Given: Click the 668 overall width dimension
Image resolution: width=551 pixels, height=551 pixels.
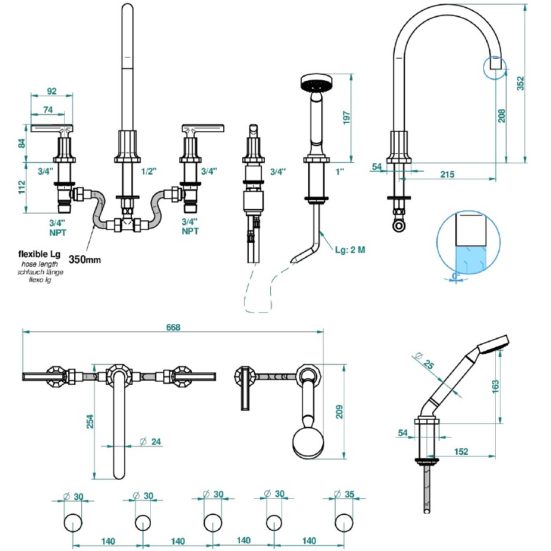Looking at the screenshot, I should (x=173, y=327).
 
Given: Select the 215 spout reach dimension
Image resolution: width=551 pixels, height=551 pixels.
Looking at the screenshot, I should (x=448, y=174).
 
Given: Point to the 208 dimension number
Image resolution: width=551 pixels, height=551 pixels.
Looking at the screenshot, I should (x=502, y=116).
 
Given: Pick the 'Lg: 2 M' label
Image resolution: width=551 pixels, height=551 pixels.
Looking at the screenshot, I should (x=349, y=250).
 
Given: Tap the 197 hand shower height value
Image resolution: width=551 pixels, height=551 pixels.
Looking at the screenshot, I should (x=347, y=118).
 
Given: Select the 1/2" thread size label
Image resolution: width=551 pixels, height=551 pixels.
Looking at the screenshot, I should (x=149, y=171).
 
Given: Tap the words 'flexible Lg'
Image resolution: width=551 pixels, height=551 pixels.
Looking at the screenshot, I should (x=39, y=254).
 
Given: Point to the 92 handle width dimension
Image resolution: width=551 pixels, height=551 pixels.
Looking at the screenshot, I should (x=51, y=91).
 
